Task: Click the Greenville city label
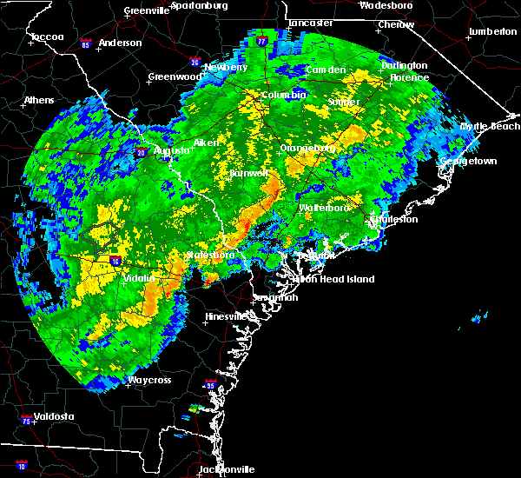coord(146,10)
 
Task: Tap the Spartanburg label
coord(198,5)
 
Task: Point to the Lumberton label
coord(491,31)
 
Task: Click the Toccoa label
coord(45,37)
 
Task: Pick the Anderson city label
coord(120,43)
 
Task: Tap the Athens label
coord(38,100)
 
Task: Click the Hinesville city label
coord(226,317)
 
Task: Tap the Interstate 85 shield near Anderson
coord(86,43)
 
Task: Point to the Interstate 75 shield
coord(26,421)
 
